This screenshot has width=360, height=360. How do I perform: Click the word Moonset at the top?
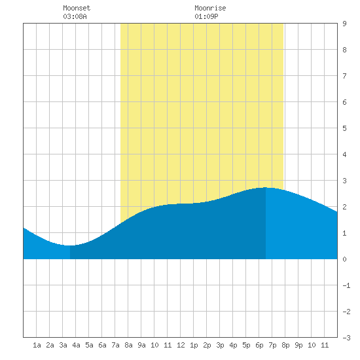[x=77, y=8]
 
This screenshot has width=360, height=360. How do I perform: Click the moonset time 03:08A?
[x=75, y=16]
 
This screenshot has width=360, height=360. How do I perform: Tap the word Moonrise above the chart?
[x=210, y=8]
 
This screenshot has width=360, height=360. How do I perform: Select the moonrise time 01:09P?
[x=206, y=16]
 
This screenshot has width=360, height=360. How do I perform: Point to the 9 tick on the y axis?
[x=344, y=24]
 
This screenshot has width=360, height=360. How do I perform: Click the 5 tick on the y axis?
[x=344, y=128]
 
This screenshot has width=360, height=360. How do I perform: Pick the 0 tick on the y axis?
[x=344, y=259]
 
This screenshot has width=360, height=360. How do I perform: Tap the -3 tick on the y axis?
[x=346, y=338]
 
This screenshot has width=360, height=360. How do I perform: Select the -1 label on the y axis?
[x=346, y=285]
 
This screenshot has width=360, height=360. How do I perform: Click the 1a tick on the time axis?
[x=37, y=345]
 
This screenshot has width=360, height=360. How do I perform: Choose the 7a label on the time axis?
[x=115, y=345]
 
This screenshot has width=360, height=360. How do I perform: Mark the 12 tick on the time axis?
[x=181, y=345]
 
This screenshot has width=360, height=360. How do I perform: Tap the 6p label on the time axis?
[x=259, y=345]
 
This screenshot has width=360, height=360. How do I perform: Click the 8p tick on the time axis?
[x=285, y=345]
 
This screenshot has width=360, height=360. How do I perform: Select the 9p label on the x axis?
[x=298, y=345]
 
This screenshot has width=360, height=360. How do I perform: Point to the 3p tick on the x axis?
[x=220, y=345]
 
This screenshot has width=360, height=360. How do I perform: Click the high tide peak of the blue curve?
[x=266, y=188]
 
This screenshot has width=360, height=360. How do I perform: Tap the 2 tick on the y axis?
[x=344, y=207]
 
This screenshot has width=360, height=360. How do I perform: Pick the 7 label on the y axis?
[x=344, y=76]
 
